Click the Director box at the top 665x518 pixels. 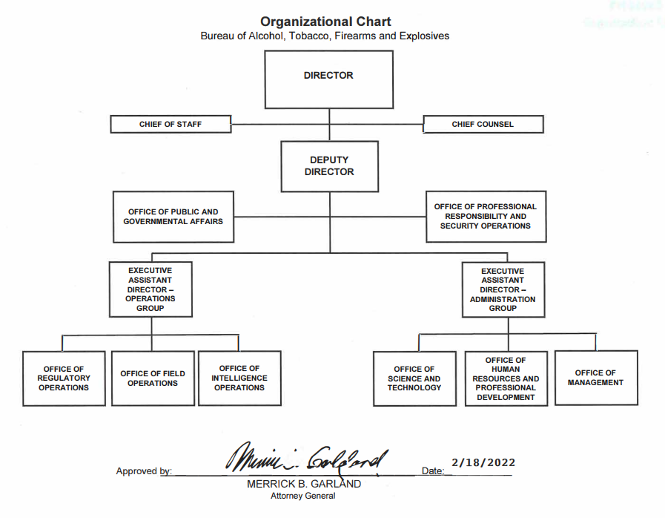tap(328, 82)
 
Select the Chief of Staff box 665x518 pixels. tap(171, 124)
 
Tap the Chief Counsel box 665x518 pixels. tap(483, 124)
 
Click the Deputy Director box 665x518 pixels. tap(329, 166)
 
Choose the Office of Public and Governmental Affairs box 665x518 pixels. tap(173, 217)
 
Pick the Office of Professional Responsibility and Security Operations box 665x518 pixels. tap(486, 216)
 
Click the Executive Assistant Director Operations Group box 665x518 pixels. tap(150, 289)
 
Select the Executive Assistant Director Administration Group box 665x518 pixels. tap(502, 289)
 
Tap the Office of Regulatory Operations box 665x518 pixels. tap(64, 378)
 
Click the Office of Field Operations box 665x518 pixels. tap(152, 378)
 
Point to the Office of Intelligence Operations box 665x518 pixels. tap(239, 378)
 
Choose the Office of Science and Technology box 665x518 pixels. tap(414, 378)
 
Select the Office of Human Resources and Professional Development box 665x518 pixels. tap(506, 378)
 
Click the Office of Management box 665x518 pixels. tap(595, 378)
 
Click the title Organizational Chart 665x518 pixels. tap(325, 22)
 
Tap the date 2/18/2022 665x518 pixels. tap(483, 462)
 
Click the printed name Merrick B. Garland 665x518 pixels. tap(304, 484)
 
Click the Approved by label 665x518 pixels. tap(144, 471)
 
